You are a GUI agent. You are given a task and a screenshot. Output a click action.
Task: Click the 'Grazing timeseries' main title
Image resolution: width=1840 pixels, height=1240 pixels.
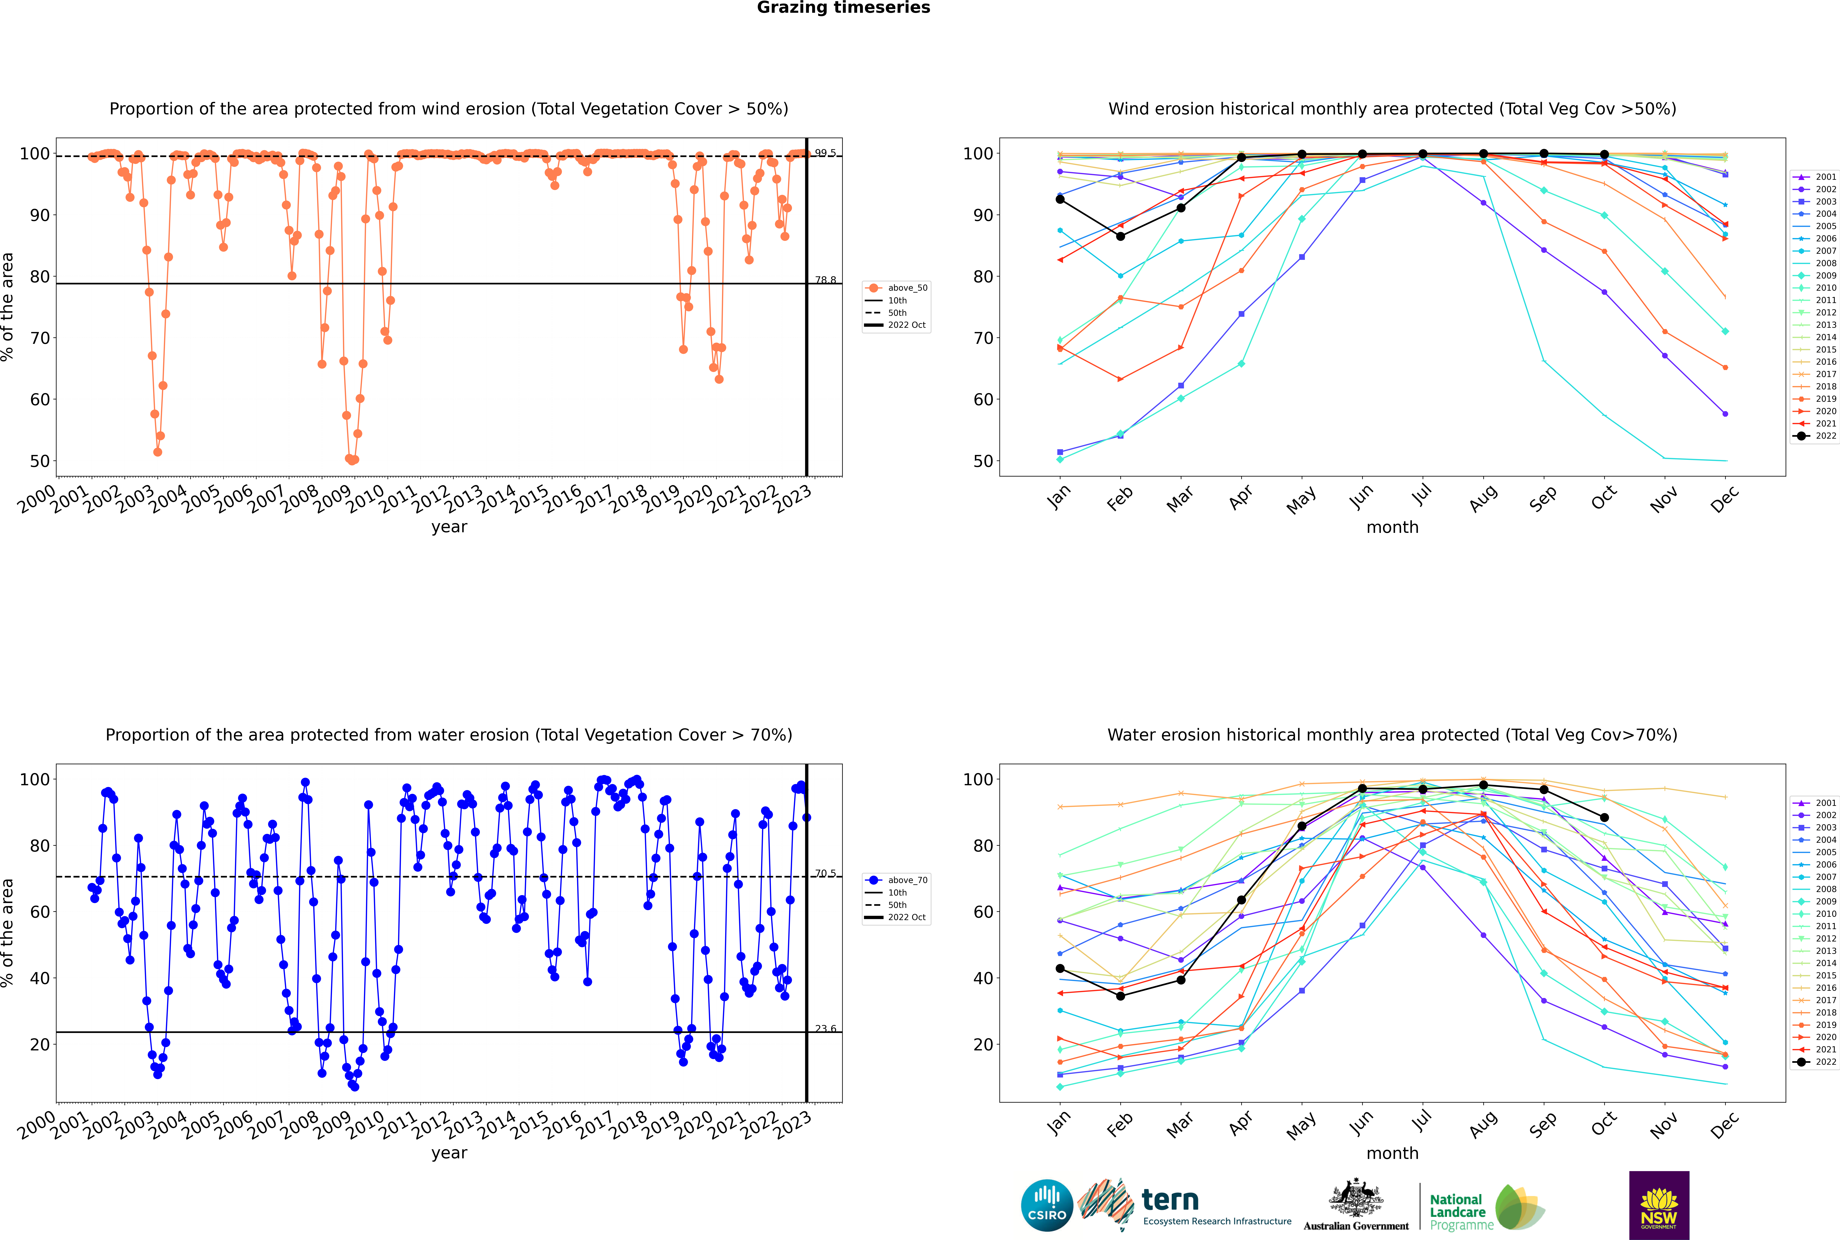(843, 8)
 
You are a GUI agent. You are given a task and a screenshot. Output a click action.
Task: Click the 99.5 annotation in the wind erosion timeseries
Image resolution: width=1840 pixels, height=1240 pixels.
(825, 153)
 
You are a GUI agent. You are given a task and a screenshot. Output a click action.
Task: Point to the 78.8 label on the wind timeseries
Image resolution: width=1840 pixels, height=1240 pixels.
(825, 280)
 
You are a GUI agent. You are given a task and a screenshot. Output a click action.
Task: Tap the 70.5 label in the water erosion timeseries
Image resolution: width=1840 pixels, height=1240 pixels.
(825, 873)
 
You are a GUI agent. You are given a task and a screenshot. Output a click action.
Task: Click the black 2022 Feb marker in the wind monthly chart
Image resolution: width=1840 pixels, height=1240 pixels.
(1120, 236)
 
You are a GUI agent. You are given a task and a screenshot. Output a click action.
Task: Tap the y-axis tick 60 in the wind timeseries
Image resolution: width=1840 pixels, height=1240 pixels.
(39, 399)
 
